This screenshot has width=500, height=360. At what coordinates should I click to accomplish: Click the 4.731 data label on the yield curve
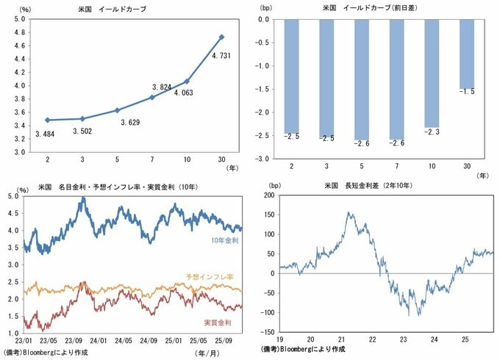coord(222,54)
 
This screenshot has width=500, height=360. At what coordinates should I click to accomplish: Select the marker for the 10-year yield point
coord(187,82)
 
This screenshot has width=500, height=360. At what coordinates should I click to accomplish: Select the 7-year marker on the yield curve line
coord(152,97)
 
